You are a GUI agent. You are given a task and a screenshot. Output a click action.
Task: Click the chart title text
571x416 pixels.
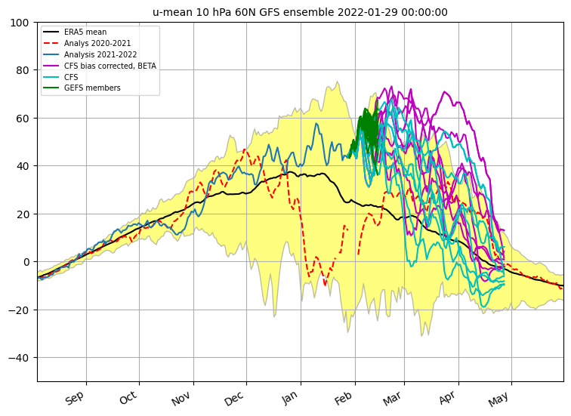click(x=300, y=12)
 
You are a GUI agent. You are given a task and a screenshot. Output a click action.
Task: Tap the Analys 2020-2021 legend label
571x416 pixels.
click(x=97, y=43)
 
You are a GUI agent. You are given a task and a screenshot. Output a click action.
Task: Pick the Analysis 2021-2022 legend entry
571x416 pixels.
click(x=100, y=54)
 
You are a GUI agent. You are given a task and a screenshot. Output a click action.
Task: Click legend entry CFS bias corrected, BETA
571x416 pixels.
click(x=110, y=66)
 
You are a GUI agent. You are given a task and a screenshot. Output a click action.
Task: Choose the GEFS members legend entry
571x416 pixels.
click(x=92, y=88)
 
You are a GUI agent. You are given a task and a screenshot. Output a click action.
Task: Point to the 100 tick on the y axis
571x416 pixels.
click(x=20, y=23)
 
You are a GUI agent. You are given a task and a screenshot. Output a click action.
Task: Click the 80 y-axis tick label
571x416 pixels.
click(x=23, y=70)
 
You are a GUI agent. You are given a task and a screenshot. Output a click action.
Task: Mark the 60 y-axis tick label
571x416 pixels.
click(x=23, y=119)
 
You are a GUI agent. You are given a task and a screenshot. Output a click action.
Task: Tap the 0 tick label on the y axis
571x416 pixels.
click(x=26, y=262)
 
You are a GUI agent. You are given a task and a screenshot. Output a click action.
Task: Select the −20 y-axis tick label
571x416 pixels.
click(x=19, y=310)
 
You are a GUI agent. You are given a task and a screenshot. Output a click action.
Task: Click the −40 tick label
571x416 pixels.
click(x=19, y=358)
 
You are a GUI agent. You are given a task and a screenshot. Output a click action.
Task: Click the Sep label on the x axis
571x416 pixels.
click(x=75, y=398)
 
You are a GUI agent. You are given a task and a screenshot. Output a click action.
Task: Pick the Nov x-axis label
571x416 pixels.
click(x=181, y=399)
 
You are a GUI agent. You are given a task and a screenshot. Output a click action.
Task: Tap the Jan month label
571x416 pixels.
click(x=290, y=398)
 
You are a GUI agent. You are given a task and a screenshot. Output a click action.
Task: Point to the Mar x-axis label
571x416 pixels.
click(x=392, y=399)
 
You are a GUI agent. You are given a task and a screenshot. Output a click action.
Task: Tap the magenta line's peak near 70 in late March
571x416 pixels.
click(x=445, y=91)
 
